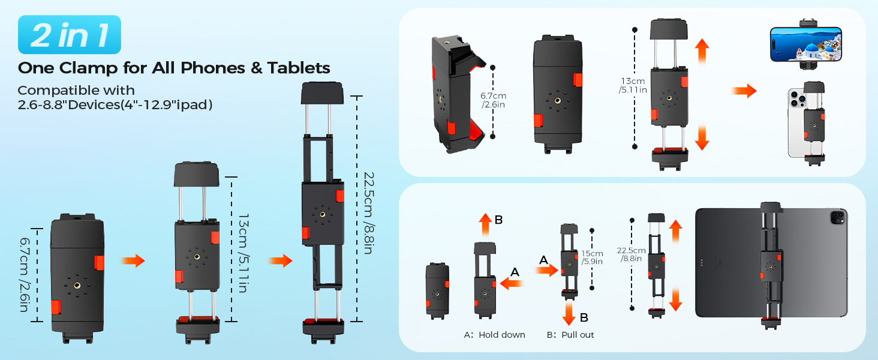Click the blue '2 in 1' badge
pos(70,35)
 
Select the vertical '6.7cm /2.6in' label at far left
pos(24,275)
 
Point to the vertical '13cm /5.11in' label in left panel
pos(242,253)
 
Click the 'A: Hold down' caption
pos(494,335)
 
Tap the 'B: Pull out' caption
pos(570,335)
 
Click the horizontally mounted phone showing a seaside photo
pos(805,44)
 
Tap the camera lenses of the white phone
pos(797,98)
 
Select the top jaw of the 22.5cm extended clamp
pos(321,94)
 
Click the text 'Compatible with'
pos(76,91)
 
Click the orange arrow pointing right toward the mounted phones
pos(744,91)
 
